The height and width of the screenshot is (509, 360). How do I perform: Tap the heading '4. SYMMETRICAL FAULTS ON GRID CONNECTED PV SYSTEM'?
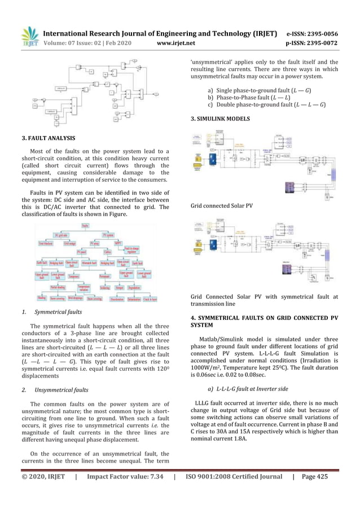[x=264, y=322]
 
